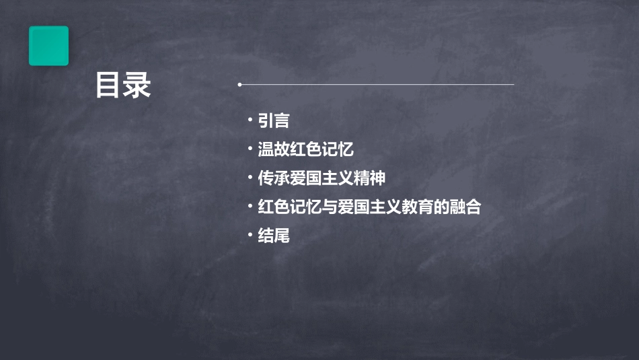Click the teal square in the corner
[48, 46]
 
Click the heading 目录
[123, 85]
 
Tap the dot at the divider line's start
[239, 85]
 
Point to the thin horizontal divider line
[377, 85]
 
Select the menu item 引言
[274, 121]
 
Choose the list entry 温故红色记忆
[305, 149]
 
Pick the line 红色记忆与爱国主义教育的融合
[369, 207]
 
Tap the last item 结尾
[274, 236]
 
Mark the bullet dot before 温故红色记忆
[250, 148]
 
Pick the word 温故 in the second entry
[274, 149]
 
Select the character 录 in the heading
[137, 85]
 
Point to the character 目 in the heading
[108, 85]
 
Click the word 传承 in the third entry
[274, 178]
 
